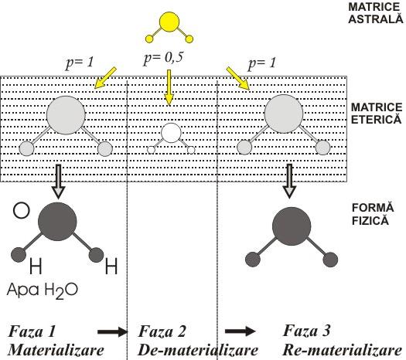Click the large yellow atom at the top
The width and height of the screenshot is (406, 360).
click(x=169, y=22)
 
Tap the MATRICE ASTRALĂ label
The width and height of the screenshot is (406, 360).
click(x=376, y=13)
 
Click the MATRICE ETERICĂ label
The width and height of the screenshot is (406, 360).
click(x=377, y=114)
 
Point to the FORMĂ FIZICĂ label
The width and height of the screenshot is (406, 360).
click(x=373, y=214)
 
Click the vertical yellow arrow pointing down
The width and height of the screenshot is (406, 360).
click(x=169, y=88)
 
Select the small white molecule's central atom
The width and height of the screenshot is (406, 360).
click(x=171, y=133)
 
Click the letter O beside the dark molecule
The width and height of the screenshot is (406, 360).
click(x=21, y=211)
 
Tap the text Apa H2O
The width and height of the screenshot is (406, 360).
click(x=43, y=290)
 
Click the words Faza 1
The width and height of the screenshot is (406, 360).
click(x=32, y=331)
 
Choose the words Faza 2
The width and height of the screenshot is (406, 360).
click(x=162, y=331)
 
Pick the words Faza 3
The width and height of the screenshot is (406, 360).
click(x=306, y=331)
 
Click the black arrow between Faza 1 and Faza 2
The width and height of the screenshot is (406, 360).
click(x=112, y=331)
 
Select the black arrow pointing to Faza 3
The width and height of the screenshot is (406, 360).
click(x=240, y=331)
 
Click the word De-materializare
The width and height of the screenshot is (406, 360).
click(x=198, y=351)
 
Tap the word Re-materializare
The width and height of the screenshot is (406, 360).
click(x=343, y=350)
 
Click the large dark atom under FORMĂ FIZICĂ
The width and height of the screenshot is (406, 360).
click(x=292, y=226)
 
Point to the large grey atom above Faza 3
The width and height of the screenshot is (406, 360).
click(x=284, y=114)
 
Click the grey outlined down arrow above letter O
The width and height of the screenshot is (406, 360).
click(x=59, y=182)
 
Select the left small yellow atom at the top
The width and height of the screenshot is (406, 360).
click(x=150, y=39)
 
